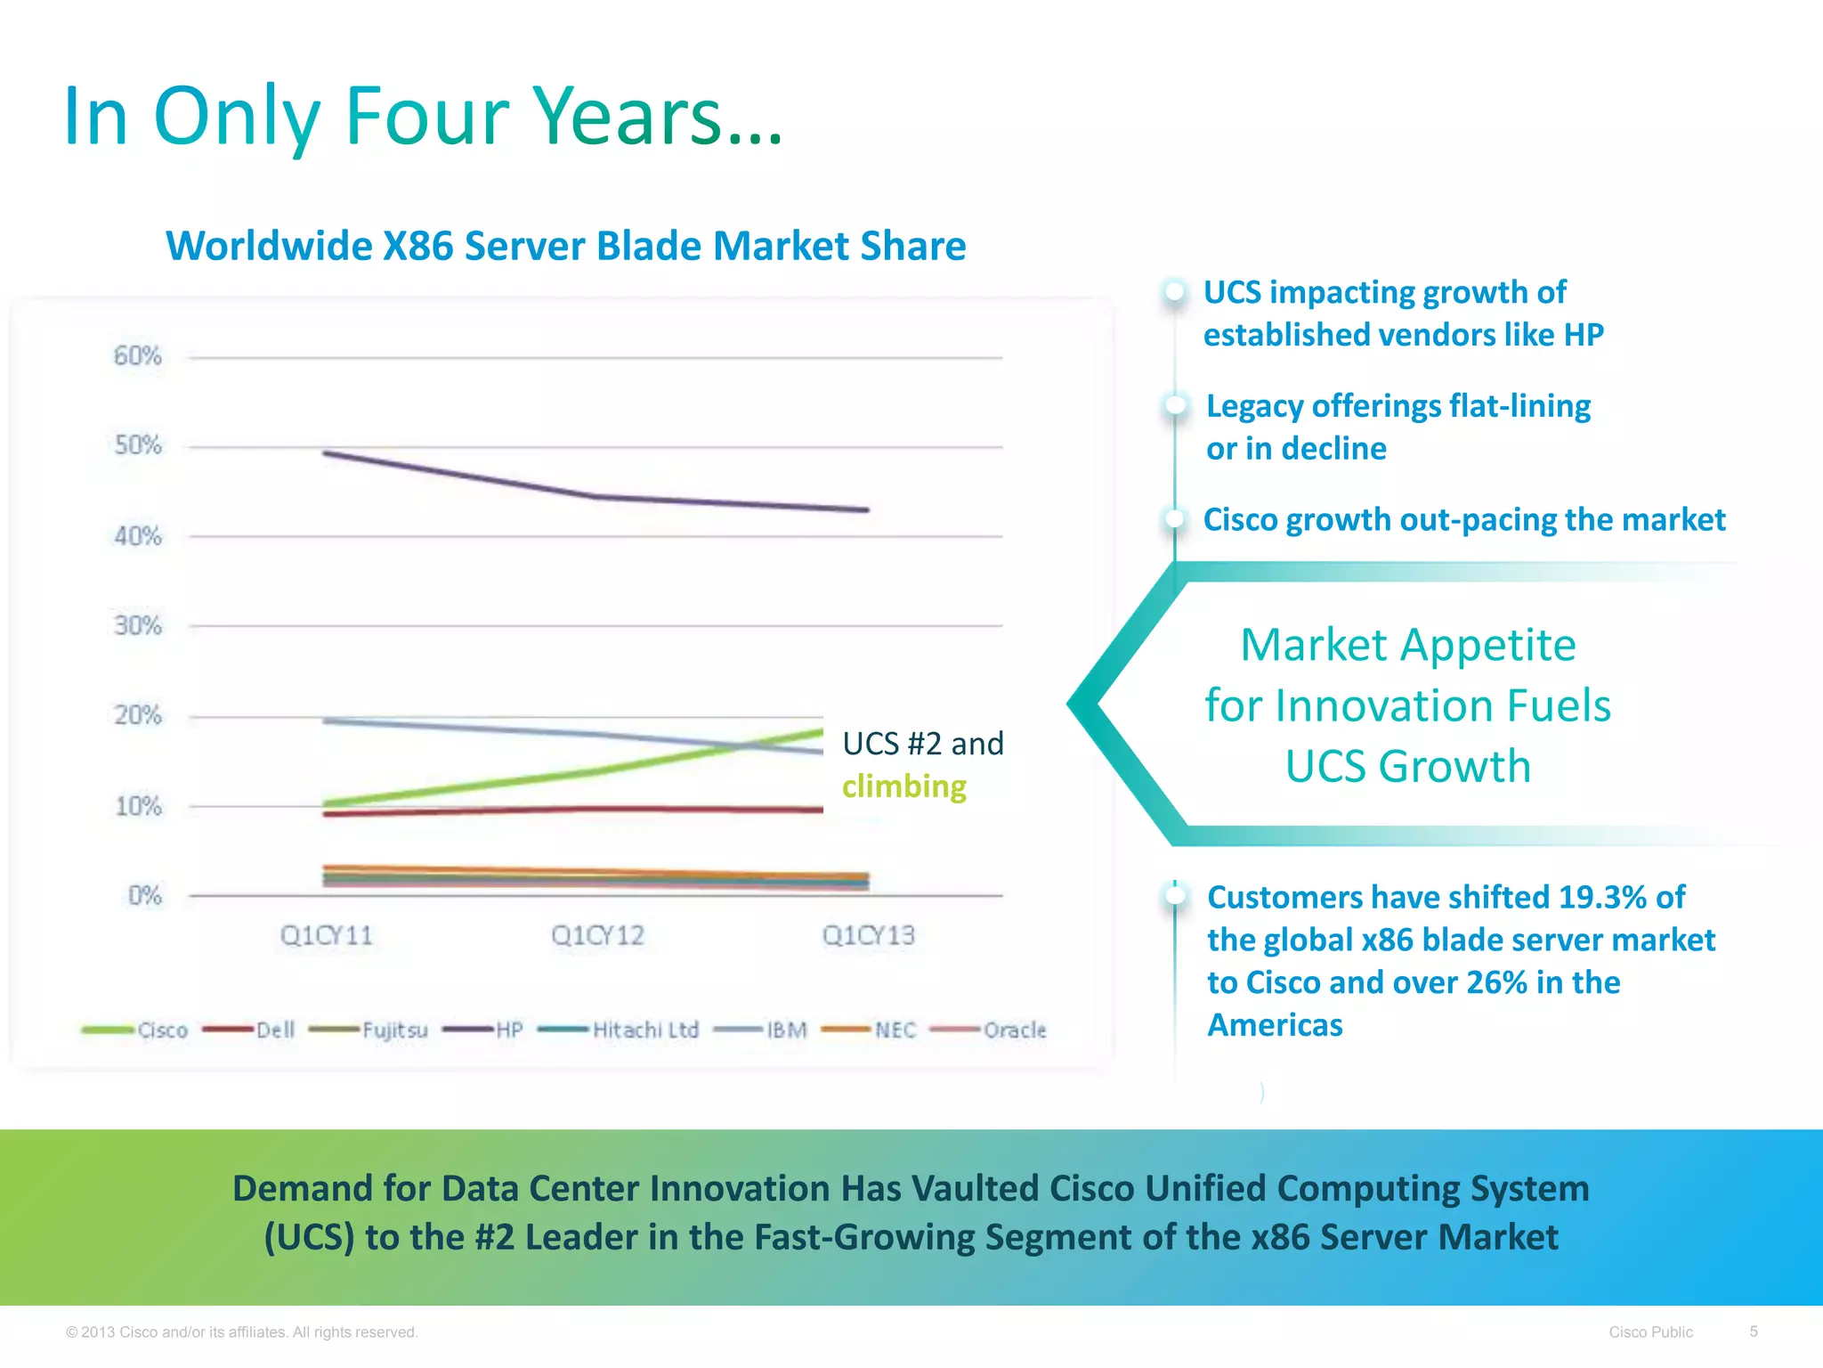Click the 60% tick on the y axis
[x=138, y=356]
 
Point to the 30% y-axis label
[x=138, y=626]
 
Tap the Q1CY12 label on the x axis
[x=597, y=935]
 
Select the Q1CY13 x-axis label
[x=868, y=935]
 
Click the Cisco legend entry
[x=162, y=1030]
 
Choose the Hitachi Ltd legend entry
[x=644, y=1030]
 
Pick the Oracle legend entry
[x=1014, y=1030]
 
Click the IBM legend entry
[x=786, y=1030]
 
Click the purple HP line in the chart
[x=463, y=475]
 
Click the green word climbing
[x=903, y=786]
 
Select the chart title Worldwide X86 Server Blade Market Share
[x=565, y=246]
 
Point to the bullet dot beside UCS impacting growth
[x=1175, y=291]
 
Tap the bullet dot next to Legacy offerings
[x=1176, y=405]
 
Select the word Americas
[x=1274, y=1025]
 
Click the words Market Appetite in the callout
[x=1407, y=645]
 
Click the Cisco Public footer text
[x=1650, y=1332]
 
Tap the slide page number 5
[x=1753, y=1331]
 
